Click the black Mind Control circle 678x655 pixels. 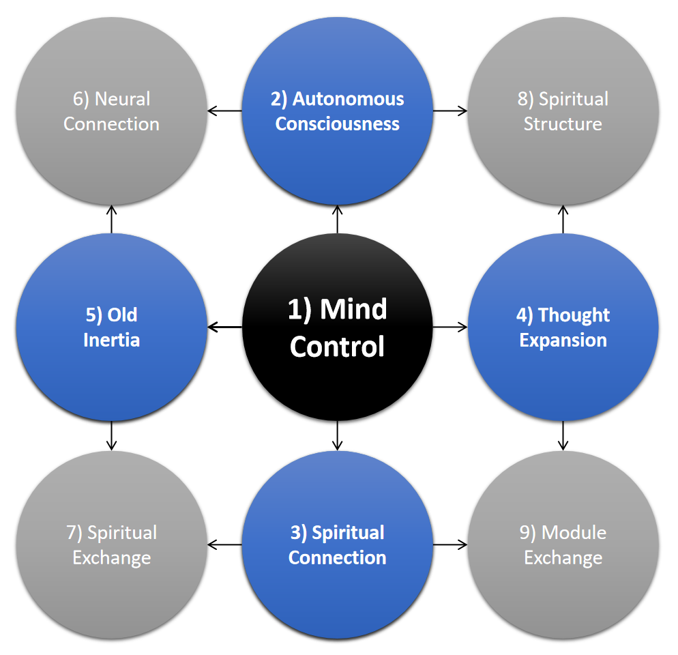338,327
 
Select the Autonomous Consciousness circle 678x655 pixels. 338,111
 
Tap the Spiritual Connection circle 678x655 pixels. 338,544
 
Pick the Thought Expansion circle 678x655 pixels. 563,327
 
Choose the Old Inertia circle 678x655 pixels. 111,327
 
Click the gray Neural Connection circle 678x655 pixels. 111,111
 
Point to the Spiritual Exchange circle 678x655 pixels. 111,544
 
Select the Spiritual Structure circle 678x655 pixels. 563,111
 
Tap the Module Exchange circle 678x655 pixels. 563,544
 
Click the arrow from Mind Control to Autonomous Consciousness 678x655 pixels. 338,219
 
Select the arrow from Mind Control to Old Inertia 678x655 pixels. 224,327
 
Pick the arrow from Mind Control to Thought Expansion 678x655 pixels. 450,327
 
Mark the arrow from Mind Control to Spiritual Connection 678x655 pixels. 338,436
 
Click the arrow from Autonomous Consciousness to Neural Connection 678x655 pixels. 224,111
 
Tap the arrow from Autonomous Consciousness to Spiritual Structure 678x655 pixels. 450,111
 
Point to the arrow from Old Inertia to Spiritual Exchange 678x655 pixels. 111,436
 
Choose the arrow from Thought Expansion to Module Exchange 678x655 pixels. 563,436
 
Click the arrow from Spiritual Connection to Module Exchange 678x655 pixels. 450,544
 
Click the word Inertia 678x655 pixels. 111,340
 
